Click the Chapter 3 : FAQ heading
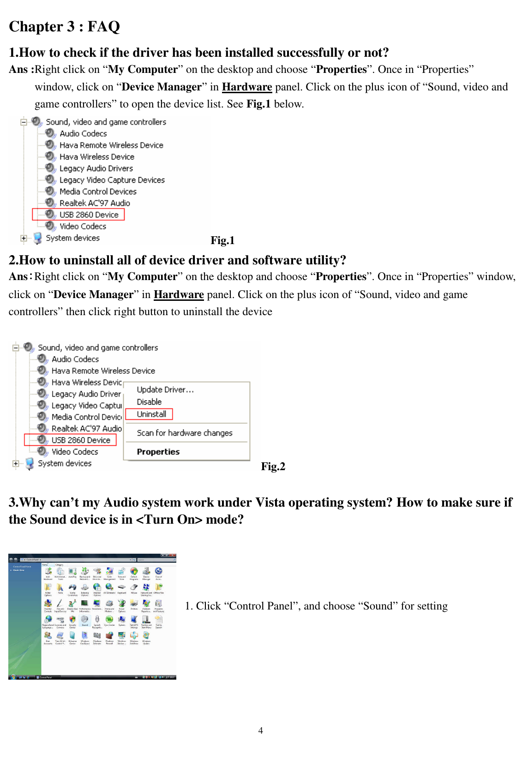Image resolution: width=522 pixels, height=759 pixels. [64, 27]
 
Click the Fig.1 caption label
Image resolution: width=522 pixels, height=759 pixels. [222, 240]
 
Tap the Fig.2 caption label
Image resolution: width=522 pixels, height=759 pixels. [273, 466]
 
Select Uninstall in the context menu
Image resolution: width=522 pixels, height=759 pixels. [151, 414]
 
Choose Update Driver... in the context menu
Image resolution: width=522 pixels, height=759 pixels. [165, 390]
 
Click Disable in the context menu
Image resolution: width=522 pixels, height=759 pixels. [149, 402]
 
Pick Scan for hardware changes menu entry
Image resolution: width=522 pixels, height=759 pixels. [184, 433]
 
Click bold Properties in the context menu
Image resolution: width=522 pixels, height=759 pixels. [158, 452]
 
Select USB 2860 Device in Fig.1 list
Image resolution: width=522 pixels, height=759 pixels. [89, 215]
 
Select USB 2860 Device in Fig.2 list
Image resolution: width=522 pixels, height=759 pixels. [81, 440]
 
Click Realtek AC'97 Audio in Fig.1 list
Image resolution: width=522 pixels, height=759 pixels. [95, 203]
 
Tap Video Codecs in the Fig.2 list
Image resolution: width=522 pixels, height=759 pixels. [75, 452]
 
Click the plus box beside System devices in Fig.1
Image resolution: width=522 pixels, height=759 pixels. [24, 238]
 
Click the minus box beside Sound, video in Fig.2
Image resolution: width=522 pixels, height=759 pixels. [16, 347]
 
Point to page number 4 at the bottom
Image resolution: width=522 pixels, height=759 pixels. [261, 730]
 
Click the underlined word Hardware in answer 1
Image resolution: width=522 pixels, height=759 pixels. [247, 87]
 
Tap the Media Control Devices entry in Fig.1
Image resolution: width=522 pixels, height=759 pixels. [98, 191]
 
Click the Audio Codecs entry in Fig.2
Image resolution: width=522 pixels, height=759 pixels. [75, 359]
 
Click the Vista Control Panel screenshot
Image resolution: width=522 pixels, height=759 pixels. [92, 616]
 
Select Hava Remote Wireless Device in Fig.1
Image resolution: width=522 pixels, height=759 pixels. [111, 145]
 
